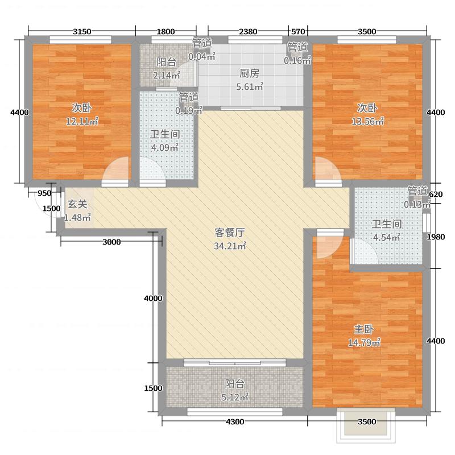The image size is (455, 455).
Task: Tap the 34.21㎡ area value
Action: point(230,246)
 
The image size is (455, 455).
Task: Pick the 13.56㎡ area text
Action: point(369,121)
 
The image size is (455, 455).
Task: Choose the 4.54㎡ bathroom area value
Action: point(387,237)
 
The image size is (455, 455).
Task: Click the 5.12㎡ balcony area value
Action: point(234,398)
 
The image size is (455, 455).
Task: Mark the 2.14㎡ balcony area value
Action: point(167,75)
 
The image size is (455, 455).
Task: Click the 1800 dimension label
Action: point(166,31)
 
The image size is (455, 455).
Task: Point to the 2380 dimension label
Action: point(248,31)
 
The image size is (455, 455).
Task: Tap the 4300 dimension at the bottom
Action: point(234,421)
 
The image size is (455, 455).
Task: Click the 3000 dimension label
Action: point(112,243)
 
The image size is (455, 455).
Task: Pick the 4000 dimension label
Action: point(154,299)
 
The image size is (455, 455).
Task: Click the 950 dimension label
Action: point(44,193)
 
